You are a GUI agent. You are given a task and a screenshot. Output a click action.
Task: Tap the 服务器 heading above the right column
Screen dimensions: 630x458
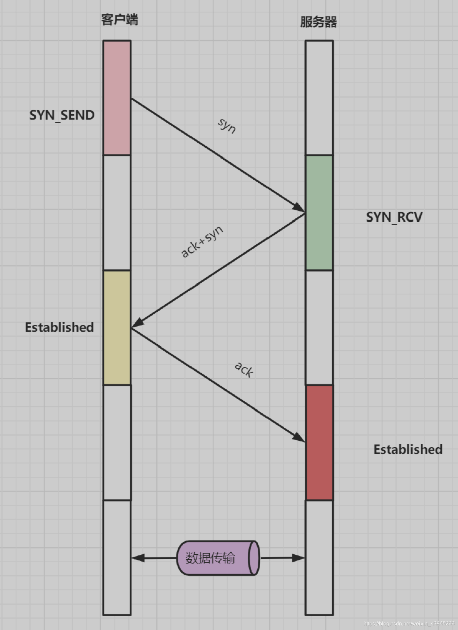318,22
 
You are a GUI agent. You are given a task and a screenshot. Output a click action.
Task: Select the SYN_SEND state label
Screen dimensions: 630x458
62,115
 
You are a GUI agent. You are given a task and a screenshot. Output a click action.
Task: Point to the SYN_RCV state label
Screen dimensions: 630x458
394,217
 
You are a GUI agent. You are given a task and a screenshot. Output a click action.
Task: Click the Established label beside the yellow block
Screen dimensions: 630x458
60,327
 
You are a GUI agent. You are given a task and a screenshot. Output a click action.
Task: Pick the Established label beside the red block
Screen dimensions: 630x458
408,449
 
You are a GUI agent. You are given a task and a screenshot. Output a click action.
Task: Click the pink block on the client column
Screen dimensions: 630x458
117,98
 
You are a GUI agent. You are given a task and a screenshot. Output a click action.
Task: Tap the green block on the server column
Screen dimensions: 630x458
319,212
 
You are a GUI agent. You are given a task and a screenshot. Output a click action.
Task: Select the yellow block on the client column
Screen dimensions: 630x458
117,327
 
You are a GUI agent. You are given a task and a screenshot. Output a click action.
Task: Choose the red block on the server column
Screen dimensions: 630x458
319,442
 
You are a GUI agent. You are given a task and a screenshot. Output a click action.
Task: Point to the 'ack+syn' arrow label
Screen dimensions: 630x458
202,241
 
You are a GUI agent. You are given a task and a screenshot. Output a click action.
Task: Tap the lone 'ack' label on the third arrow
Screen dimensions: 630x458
244,369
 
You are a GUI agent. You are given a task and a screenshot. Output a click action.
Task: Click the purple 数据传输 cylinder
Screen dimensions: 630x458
218,558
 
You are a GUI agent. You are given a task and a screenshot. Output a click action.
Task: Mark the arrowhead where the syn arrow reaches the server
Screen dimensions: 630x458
299,208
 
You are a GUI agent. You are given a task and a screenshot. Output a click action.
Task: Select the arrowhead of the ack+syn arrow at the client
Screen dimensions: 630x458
138,323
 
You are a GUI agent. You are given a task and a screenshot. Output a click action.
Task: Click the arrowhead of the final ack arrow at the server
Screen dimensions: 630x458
299,437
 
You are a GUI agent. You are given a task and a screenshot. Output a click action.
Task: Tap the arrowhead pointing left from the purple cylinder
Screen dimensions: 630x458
138,558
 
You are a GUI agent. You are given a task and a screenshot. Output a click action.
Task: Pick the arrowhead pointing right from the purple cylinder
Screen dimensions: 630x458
298,558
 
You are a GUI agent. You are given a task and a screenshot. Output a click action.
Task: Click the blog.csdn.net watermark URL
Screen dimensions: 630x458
409,623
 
